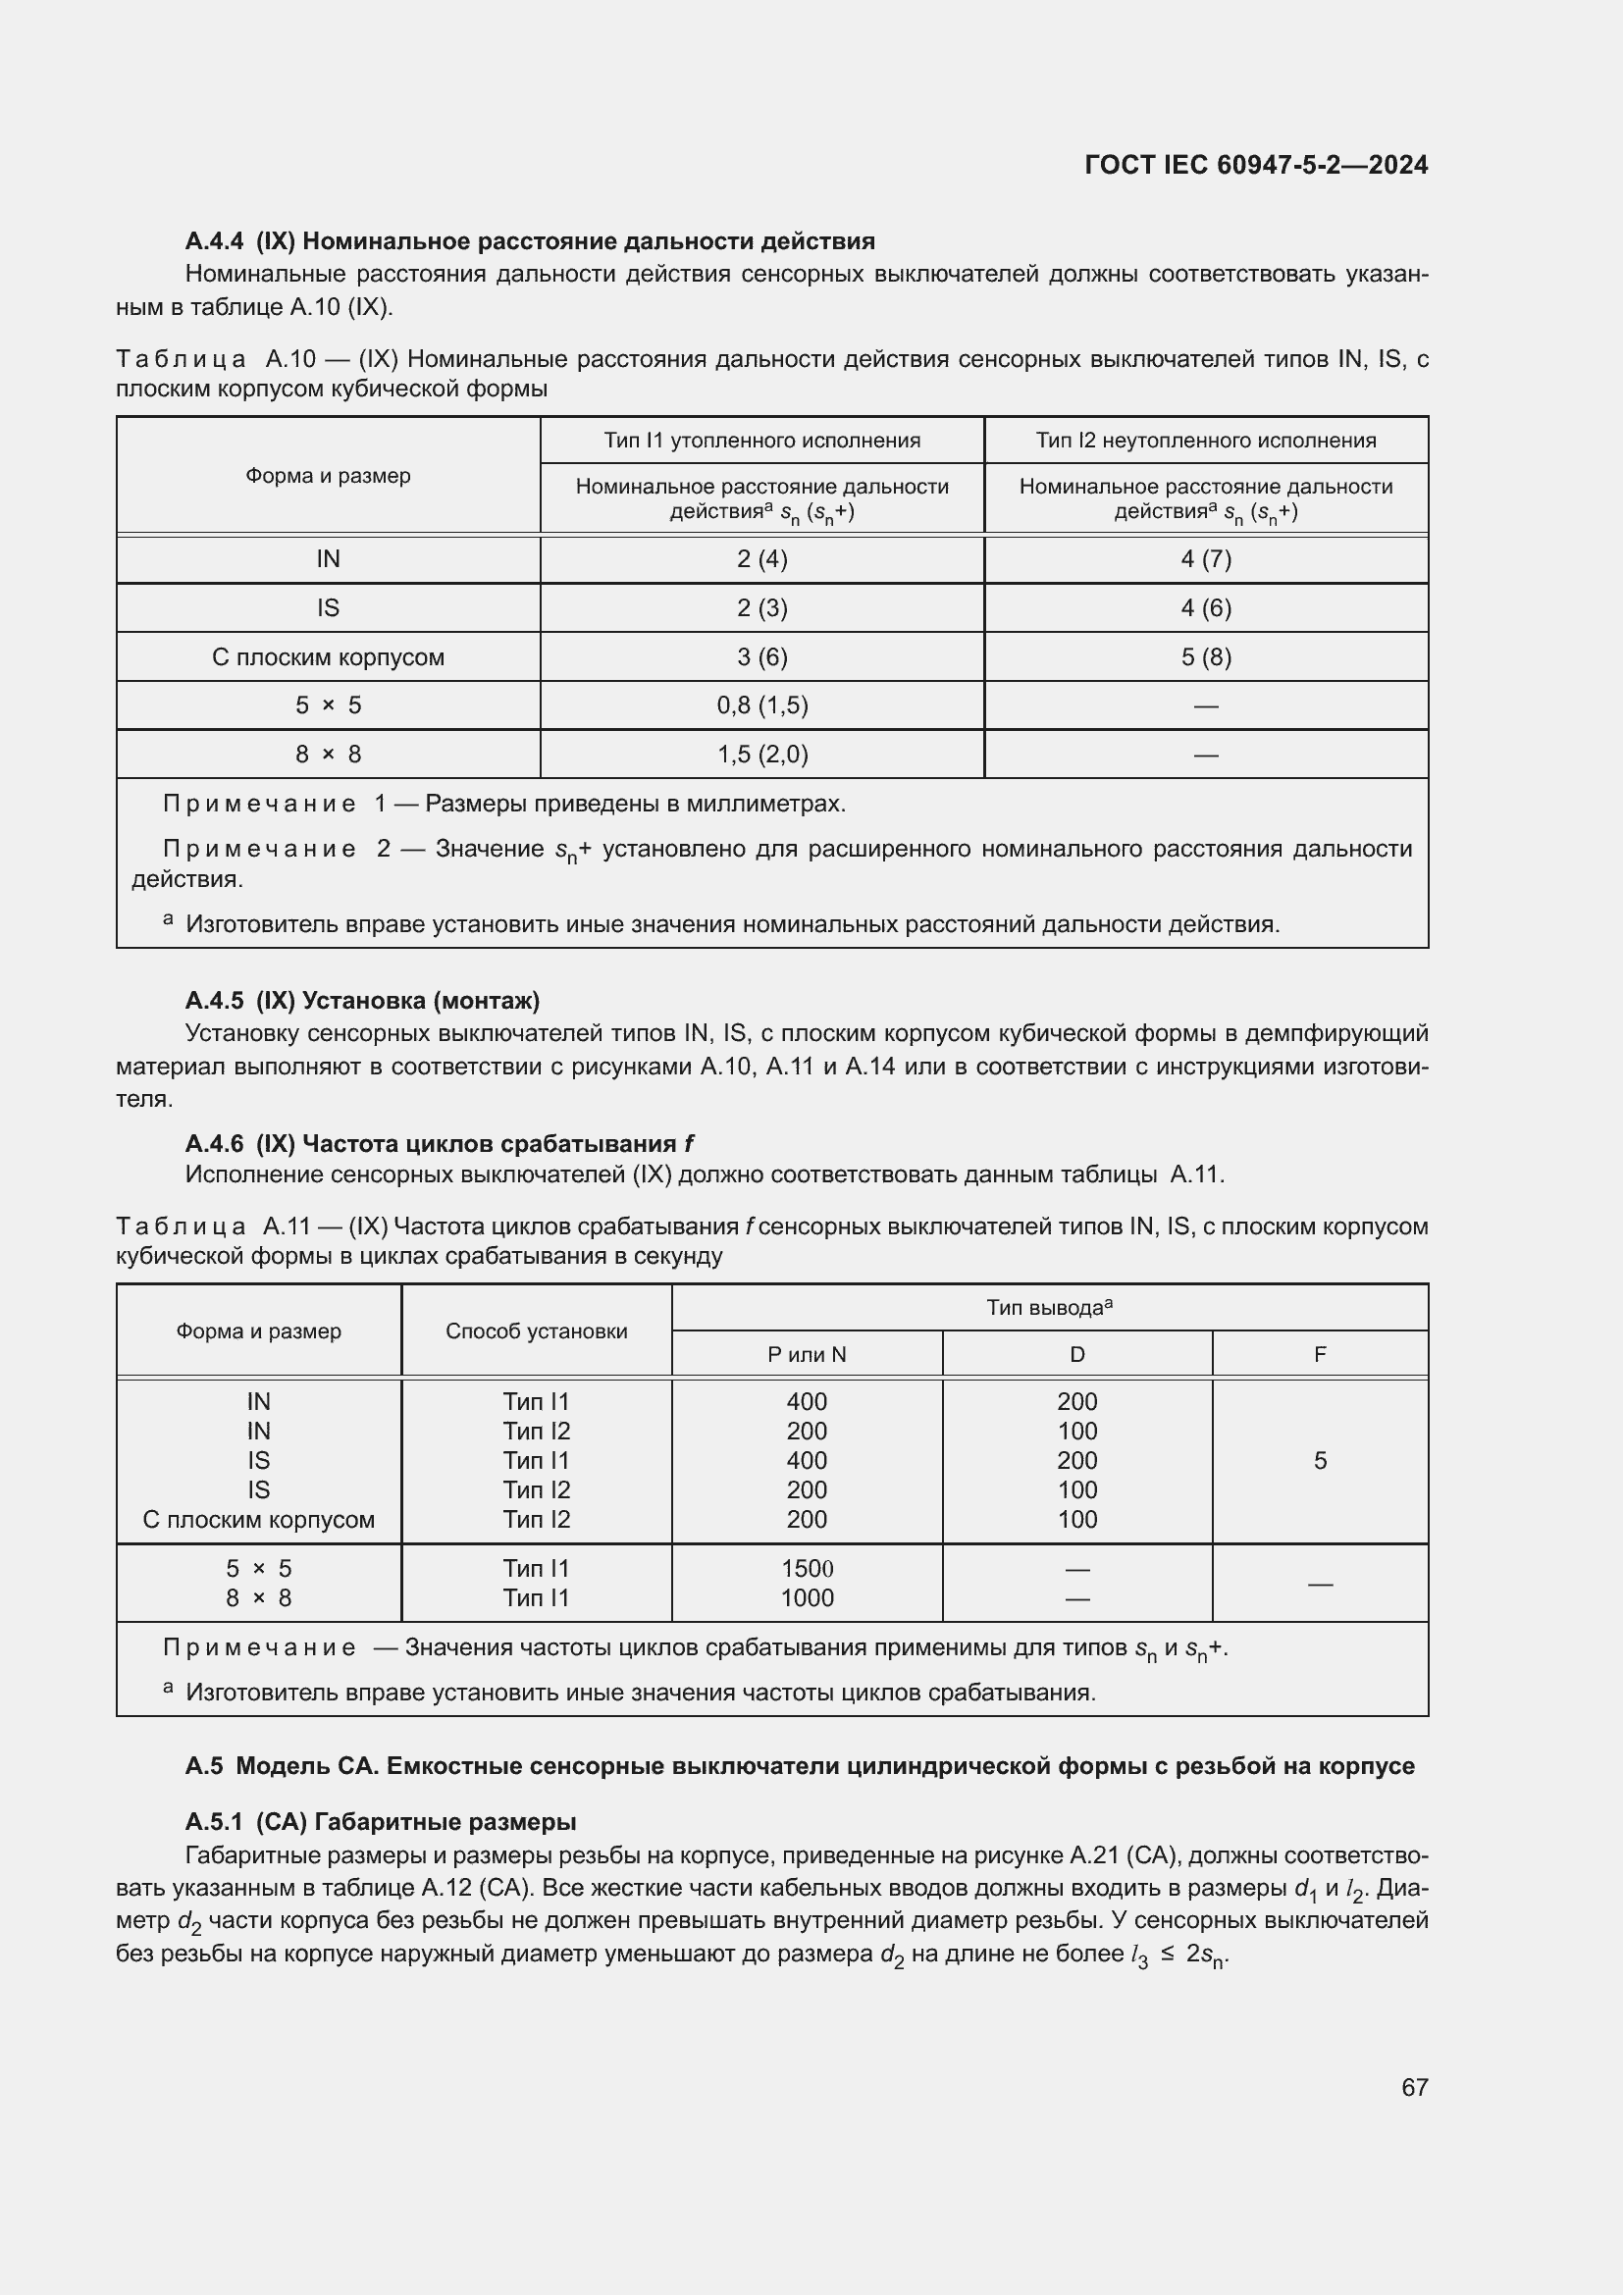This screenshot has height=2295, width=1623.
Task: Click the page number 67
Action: [x=1413, y=2087]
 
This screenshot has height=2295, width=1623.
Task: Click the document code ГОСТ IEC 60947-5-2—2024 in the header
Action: [x=1255, y=165]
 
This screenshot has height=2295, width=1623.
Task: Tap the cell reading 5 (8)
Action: [x=1205, y=656]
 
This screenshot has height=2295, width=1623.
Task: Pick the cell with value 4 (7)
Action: [x=1205, y=558]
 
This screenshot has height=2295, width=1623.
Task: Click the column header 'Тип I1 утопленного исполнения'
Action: [x=761, y=440]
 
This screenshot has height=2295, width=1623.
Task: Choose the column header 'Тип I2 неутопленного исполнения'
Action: [x=1205, y=440]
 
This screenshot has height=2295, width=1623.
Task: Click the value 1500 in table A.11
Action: [x=807, y=1568]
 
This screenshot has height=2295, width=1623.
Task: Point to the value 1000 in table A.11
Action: [x=807, y=1597]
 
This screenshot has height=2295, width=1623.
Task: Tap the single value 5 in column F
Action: [x=1319, y=1460]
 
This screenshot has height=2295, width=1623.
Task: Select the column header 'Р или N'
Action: [x=807, y=1354]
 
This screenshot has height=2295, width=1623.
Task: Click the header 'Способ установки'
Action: [x=536, y=1330]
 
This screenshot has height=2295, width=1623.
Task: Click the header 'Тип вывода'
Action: [x=1048, y=1307]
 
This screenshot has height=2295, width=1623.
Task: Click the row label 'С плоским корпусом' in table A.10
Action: [x=328, y=656]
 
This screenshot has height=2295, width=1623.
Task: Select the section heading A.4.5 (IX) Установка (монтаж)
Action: [x=362, y=1001]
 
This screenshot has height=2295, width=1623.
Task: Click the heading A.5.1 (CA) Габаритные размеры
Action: [x=380, y=1821]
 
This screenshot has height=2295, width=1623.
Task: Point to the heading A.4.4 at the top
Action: [x=530, y=241]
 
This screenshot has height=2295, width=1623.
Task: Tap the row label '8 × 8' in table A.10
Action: [x=328, y=754]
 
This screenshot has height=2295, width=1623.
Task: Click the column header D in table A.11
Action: [x=1076, y=1354]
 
